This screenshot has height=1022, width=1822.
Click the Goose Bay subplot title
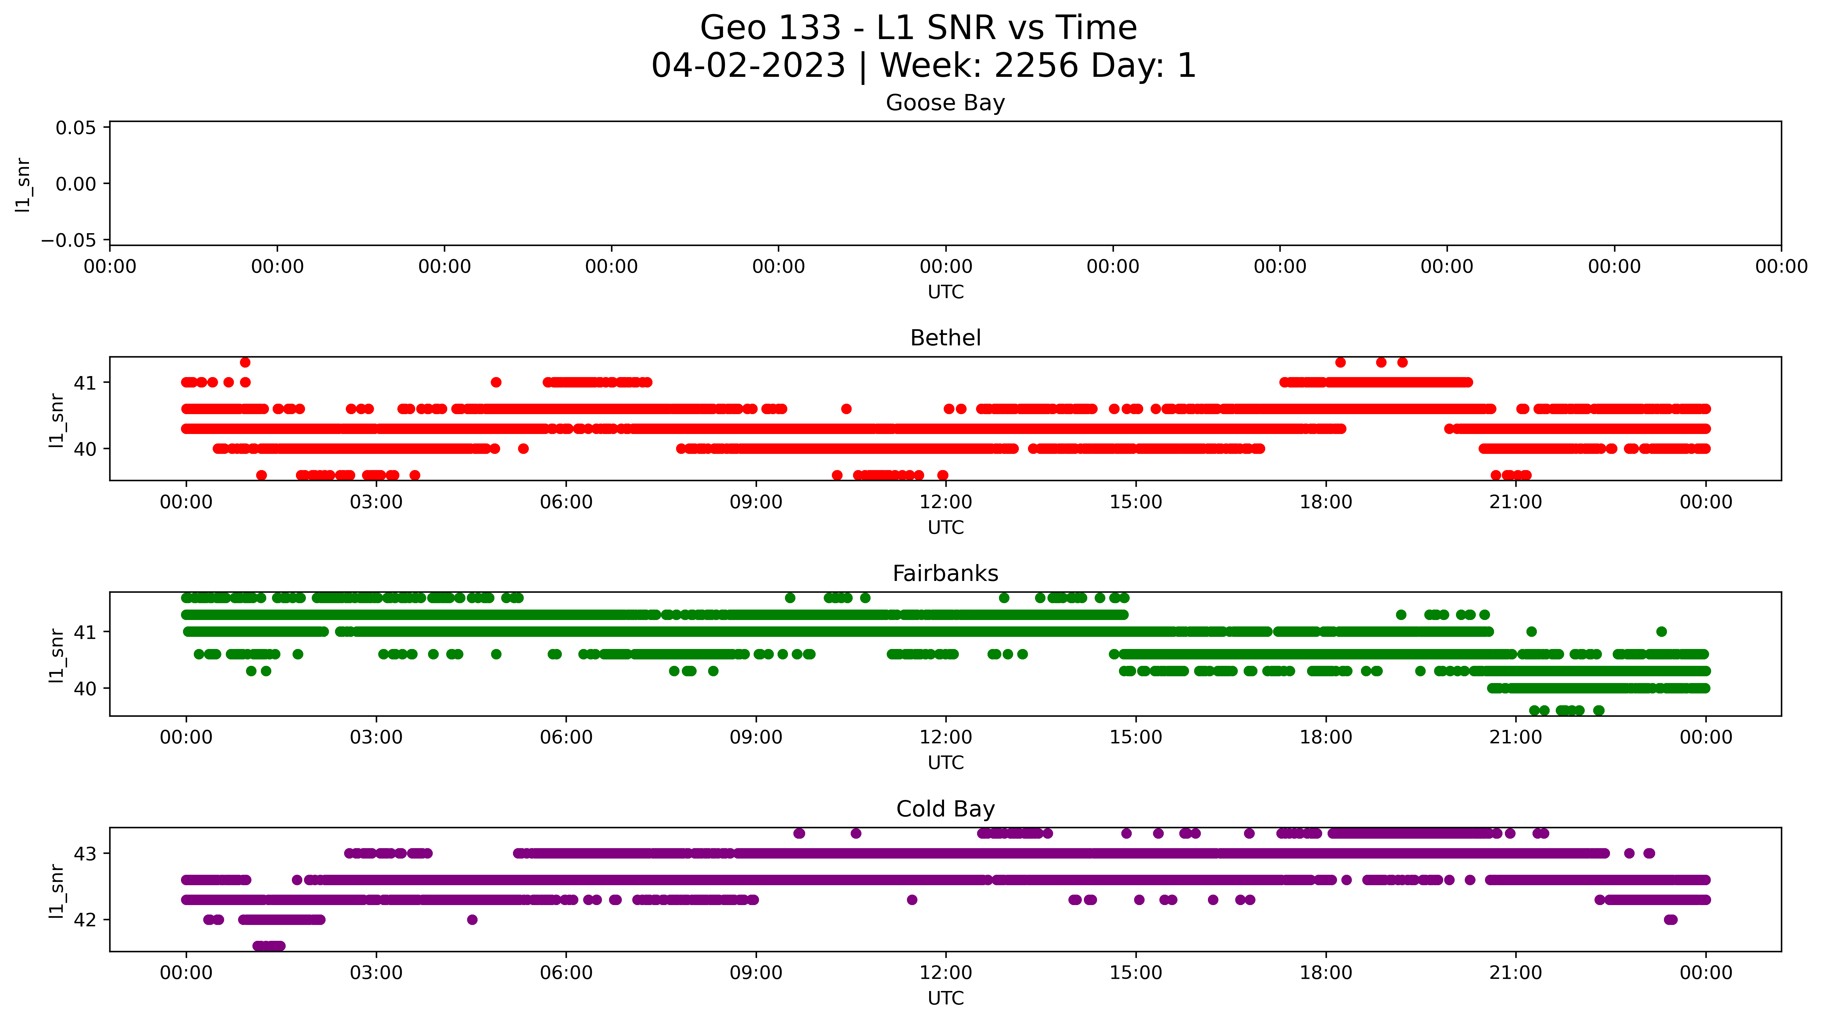tap(945, 103)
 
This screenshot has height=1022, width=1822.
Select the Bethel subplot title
tap(945, 338)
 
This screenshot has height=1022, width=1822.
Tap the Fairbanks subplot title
tap(945, 574)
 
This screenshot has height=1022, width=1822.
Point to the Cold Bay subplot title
tap(945, 809)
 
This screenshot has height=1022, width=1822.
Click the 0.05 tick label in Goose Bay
tap(76, 128)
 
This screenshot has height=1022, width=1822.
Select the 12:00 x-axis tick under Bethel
tap(946, 502)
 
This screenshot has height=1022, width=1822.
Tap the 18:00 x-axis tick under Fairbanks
tap(1326, 738)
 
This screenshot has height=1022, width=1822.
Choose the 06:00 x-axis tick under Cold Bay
tap(566, 973)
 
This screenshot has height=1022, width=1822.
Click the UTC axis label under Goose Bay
tap(945, 292)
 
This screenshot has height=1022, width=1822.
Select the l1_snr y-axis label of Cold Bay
tap(57, 891)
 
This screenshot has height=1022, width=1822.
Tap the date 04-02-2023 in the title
tap(748, 66)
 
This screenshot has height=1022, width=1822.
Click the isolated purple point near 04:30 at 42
tap(473, 920)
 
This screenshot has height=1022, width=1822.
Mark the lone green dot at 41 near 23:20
tap(1662, 631)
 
